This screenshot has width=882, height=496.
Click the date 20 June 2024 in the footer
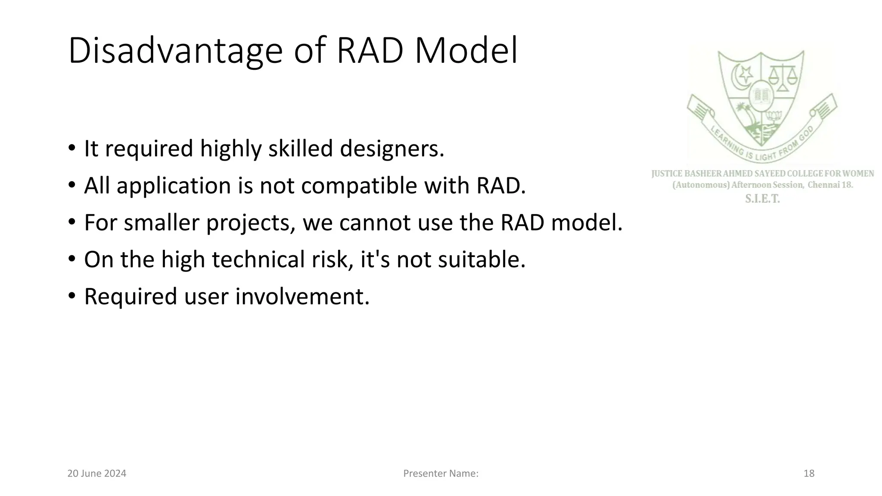click(97, 474)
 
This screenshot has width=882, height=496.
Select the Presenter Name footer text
click(441, 474)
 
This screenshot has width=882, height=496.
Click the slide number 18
click(809, 474)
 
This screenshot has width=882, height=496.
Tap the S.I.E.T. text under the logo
click(762, 199)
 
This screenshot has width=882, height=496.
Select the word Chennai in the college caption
click(823, 185)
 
